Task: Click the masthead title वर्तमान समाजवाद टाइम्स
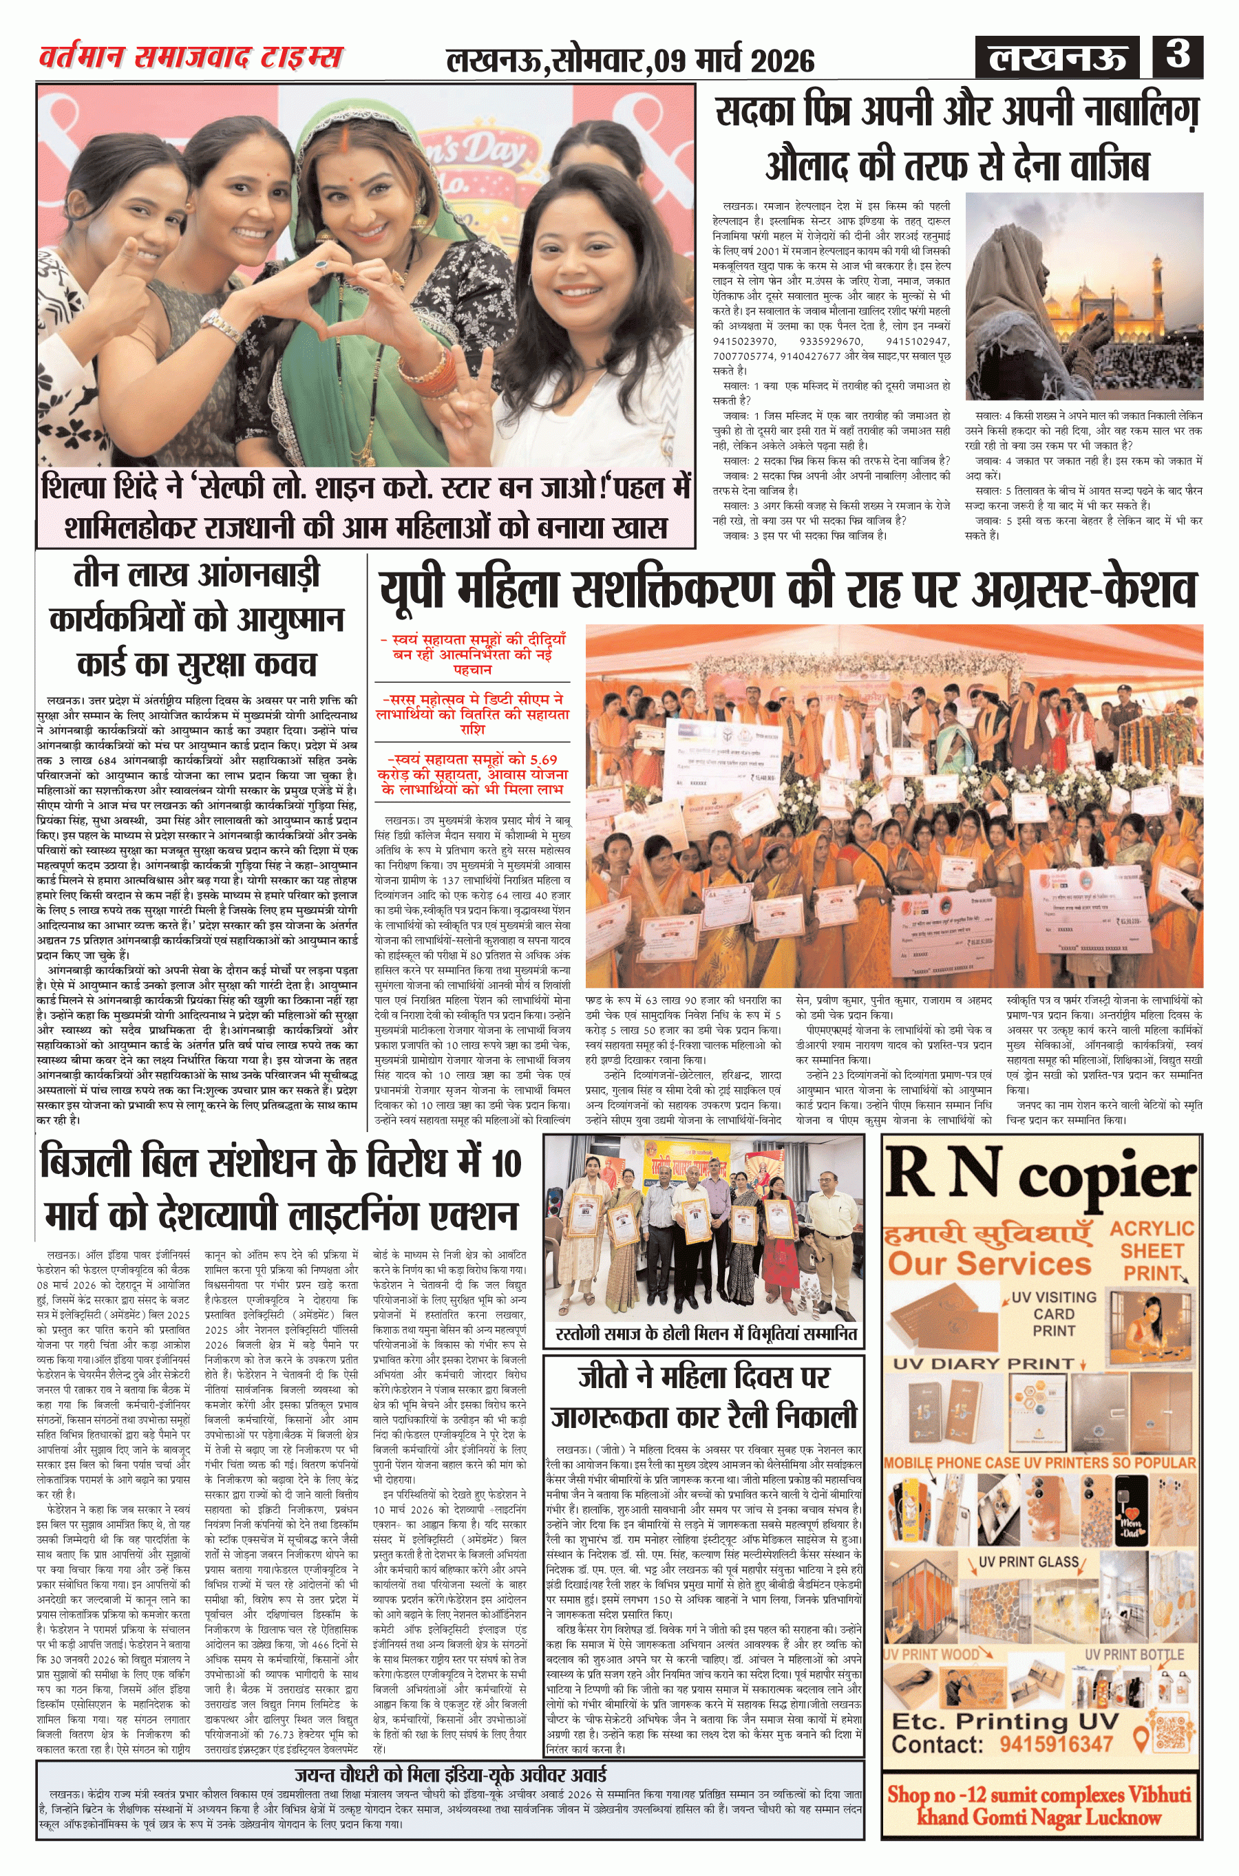pyautogui.click(x=191, y=57)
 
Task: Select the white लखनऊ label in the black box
pyautogui.click(x=1057, y=59)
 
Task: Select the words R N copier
pyautogui.click(x=1040, y=1175)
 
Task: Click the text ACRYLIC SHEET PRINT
pyautogui.click(x=1152, y=1250)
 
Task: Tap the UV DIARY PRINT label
pyautogui.click(x=983, y=1363)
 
